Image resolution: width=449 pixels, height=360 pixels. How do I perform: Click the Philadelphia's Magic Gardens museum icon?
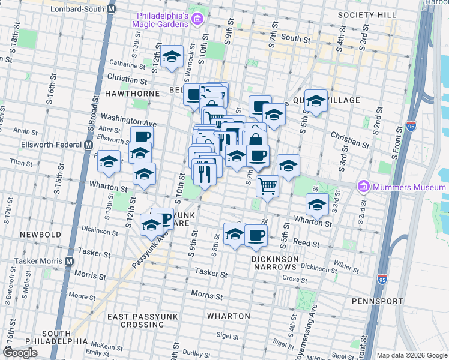click(197, 21)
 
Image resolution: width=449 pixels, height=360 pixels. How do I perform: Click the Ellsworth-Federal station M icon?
click(88, 145)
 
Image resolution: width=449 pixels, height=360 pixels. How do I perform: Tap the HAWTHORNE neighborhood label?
click(113, 94)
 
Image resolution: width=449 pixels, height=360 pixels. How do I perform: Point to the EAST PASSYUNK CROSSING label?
click(136, 320)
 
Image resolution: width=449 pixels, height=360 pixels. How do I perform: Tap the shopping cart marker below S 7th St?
click(268, 186)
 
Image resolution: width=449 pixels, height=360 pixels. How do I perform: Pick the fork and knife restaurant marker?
click(204, 173)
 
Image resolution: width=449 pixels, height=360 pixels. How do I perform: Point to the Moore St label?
click(78, 295)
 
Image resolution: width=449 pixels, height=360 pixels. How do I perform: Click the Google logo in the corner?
click(20, 353)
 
